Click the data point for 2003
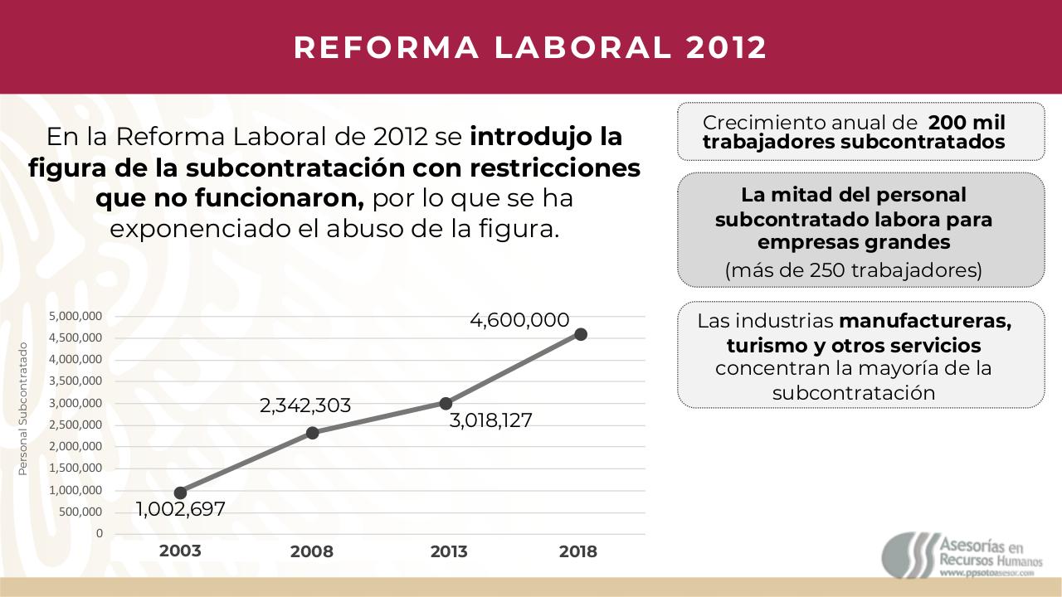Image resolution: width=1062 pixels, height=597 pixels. point(180,493)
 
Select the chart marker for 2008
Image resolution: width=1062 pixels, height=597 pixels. point(313,433)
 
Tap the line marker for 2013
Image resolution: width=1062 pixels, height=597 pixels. point(446,404)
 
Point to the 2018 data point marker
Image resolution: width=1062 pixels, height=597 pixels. point(581,334)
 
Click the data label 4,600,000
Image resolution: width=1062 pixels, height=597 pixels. point(519,320)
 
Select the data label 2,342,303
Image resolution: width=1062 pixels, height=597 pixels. point(305,406)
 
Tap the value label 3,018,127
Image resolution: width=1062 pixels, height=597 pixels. point(490,420)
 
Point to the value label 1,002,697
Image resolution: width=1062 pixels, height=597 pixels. point(181,509)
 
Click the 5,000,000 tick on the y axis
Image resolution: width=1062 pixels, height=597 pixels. point(76,316)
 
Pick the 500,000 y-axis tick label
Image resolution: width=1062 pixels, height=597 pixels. point(80,512)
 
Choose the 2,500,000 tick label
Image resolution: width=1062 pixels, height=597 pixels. point(76,425)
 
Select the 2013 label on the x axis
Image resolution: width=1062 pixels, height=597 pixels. point(449,552)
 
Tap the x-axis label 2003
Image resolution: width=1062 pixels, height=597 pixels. point(180,551)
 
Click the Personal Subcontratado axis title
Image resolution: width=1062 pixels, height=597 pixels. point(23,410)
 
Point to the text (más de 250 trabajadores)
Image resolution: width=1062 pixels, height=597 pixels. point(854,270)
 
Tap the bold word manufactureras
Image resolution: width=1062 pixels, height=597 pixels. point(925,321)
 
